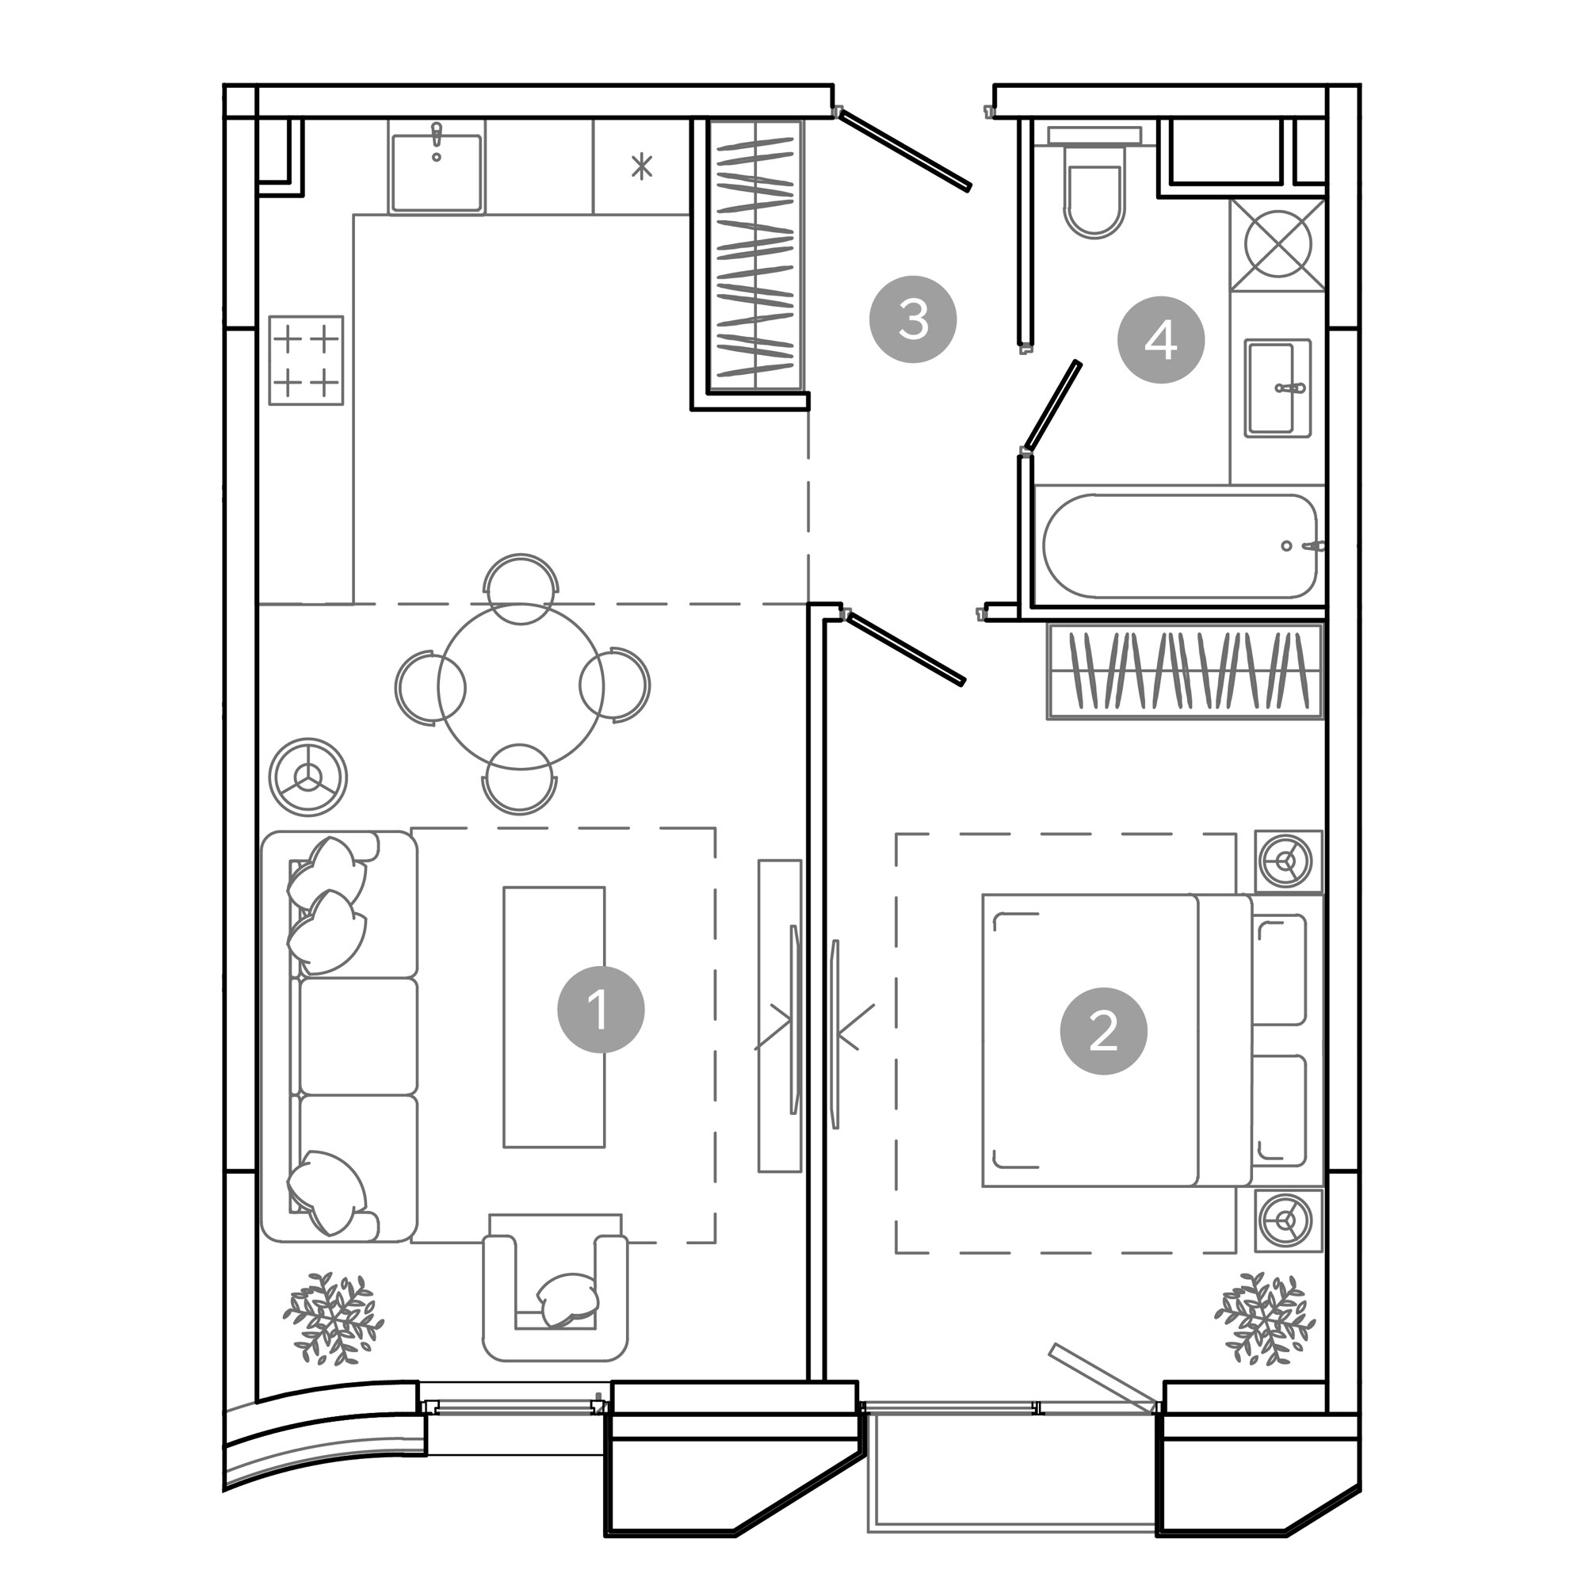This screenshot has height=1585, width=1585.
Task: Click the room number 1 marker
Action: (601, 1009)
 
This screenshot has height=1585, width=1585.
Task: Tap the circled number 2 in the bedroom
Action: (1103, 1031)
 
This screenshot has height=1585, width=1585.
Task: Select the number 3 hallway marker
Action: (913, 319)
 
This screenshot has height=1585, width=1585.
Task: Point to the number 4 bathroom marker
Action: (1161, 340)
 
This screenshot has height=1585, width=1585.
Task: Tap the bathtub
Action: (1180, 545)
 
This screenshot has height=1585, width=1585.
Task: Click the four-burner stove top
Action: (306, 359)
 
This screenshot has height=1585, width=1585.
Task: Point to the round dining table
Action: (521, 686)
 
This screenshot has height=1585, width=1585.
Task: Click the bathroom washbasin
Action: (1278, 388)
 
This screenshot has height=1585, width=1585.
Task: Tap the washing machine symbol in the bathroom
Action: (1278, 244)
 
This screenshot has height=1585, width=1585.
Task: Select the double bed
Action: (1152, 1041)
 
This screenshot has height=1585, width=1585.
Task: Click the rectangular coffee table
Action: (555, 1017)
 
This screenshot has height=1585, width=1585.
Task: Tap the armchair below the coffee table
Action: (556, 1286)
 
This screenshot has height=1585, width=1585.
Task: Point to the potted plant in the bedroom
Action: (1265, 1319)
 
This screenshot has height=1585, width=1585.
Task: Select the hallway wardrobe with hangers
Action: (755, 255)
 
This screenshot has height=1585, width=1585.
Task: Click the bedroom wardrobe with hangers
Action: (1186, 671)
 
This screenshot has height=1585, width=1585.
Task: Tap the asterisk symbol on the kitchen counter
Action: (642, 166)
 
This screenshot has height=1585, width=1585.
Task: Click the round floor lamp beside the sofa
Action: (308, 777)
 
